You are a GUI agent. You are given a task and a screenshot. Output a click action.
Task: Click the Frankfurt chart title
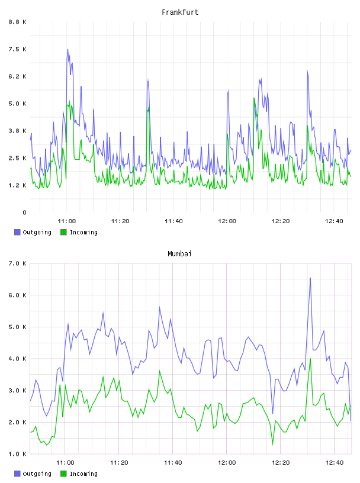coord(180,12)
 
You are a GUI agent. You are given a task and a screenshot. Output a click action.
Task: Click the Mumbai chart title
coord(179,254)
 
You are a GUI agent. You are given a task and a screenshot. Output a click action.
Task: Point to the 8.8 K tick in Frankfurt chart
coord(18,22)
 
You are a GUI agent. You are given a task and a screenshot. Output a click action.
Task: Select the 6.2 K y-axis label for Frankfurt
coord(18,76)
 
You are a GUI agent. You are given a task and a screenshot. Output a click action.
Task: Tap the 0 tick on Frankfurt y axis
coord(24,212)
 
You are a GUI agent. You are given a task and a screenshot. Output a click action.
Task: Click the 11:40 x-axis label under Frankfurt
coord(173,221)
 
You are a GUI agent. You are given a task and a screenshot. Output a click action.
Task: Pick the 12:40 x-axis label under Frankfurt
coord(334,221)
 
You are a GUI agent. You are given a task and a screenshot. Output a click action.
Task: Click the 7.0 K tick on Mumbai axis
coord(18,263)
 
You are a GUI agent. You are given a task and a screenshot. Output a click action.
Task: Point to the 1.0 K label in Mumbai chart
coord(18,454)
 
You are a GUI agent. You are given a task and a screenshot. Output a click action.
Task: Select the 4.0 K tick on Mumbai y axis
coord(18,359)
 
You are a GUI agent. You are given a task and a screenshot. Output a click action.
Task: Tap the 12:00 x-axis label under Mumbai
coord(227,463)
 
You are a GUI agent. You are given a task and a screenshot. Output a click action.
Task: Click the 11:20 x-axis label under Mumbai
coord(119,463)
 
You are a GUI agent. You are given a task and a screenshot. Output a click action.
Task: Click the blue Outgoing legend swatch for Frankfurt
coord(17,232)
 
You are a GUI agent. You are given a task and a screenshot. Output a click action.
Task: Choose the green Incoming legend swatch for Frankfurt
coord(63,232)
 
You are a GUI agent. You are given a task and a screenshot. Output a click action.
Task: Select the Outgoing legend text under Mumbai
coord(37,474)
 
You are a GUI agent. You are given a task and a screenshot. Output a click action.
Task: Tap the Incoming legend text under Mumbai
coord(83,474)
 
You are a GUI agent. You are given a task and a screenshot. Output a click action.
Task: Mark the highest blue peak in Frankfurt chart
coord(68,49)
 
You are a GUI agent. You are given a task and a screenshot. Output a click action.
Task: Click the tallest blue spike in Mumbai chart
coord(310,278)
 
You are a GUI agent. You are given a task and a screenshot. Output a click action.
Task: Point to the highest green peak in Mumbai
coord(310,359)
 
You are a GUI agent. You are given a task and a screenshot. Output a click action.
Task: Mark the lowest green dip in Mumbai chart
coord(272,445)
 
